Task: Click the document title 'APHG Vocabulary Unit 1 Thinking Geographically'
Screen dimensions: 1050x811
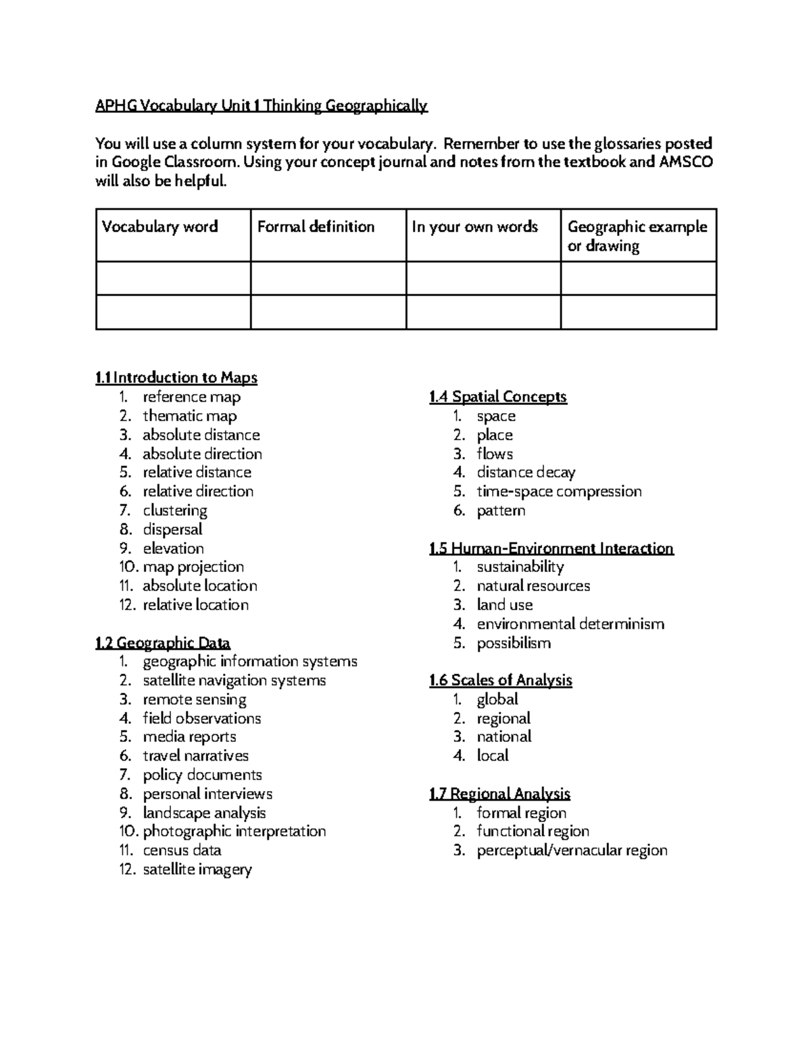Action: click(262, 105)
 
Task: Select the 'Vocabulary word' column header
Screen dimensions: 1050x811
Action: click(159, 226)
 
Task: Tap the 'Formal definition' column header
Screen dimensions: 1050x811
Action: click(316, 226)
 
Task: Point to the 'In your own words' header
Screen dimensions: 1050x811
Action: click(474, 226)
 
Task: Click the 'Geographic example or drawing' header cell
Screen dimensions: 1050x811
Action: click(637, 236)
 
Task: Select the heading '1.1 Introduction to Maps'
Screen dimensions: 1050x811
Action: click(176, 377)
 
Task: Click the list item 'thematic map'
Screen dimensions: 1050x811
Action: click(189, 416)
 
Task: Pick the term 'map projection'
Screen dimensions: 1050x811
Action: click(193, 567)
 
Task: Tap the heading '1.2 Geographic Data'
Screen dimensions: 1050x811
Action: click(163, 642)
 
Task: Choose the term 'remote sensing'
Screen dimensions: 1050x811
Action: click(195, 699)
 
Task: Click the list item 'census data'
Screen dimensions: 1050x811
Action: click(182, 850)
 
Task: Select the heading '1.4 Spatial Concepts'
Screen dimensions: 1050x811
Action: click(497, 397)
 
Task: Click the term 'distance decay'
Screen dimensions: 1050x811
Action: click(526, 472)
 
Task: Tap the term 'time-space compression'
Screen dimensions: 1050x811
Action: click(559, 491)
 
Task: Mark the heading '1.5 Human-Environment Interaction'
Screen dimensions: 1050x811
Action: click(551, 548)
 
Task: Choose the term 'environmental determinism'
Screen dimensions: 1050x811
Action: click(570, 623)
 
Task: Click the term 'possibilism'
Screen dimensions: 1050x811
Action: click(514, 642)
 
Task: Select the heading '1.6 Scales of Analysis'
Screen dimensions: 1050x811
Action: click(500, 680)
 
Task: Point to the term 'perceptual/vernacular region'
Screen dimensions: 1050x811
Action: click(572, 850)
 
